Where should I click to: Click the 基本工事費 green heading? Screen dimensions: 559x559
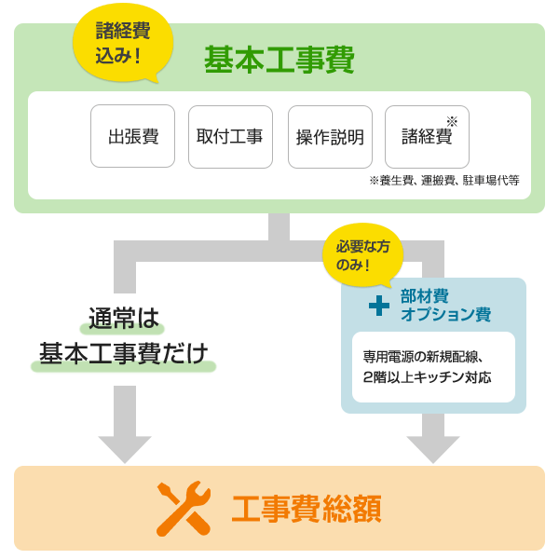pyautogui.click(x=279, y=61)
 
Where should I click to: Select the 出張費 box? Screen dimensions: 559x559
pyautogui.click(x=133, y=136)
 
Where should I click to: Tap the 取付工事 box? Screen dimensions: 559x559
pyautogui.click(x=229, y=136)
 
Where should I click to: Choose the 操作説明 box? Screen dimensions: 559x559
pyautogui.click(x=330, y=136)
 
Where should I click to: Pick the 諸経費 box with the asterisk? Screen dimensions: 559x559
pyautogui.click(x=427, y=136)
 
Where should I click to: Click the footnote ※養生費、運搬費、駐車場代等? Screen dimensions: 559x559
pyautogui.click(x=444, y=181)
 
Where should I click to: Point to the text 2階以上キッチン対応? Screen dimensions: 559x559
pyautogui.click(x=427, y=378)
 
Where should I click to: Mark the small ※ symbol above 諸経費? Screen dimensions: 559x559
pyautogui.click(x=452, y=121)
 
